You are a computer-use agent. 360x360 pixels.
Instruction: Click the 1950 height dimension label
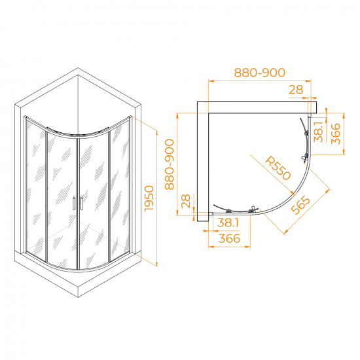(149, 198)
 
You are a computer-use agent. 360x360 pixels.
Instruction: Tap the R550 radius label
(278, 168)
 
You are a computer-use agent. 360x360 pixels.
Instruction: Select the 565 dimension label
(300, 205)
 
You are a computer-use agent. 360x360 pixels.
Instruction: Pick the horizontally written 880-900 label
(260, 73)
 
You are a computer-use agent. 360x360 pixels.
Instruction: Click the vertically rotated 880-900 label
(170, 164)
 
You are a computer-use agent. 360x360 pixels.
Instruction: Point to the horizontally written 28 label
(296, 90)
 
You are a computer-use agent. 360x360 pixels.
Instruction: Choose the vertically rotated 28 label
(186, 201)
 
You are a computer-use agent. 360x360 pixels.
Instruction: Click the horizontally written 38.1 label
(228, 223)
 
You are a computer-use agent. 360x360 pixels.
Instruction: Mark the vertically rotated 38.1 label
(319, 132)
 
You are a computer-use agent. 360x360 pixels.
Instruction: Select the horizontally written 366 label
(229, 238)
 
